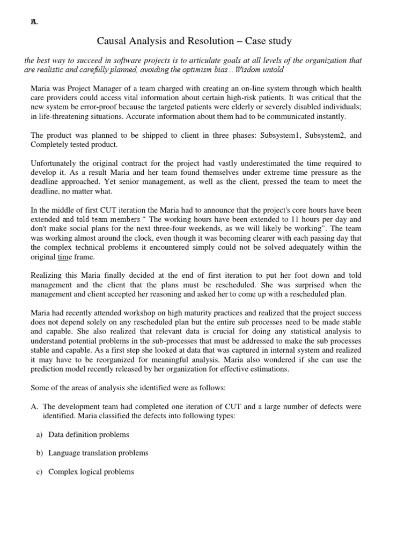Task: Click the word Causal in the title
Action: pyautogui.click(x=111, y=41)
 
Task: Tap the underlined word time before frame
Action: pyautogui.click(x=64, y=257)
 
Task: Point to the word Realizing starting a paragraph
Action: pyautogui.click(x=47, y=276)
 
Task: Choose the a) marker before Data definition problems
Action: pyautogui.click(x=39, y=434)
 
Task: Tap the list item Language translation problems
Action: pyautogui.click(x=98, y=453)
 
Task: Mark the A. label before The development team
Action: pyautogui.click(x=34, y=406)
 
